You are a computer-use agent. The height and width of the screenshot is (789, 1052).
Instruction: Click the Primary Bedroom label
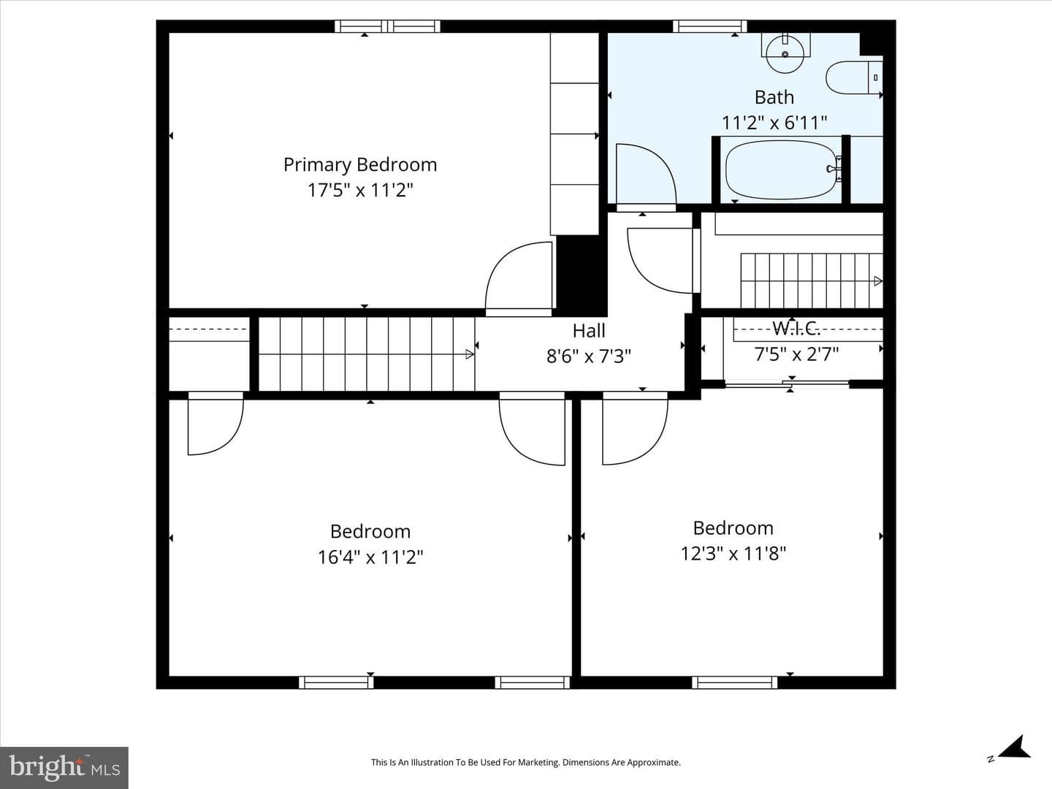360,165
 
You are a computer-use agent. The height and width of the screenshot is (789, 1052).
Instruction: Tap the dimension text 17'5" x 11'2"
360,190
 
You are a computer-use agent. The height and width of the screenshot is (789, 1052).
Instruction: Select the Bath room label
774,97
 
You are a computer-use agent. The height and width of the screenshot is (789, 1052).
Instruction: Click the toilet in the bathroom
854,77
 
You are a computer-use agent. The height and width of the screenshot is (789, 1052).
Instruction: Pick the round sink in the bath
785,54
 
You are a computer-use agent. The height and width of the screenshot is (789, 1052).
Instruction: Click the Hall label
589,330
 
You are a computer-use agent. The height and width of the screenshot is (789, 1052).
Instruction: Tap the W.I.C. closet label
796,328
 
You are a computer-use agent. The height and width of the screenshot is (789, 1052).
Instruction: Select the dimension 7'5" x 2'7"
796,354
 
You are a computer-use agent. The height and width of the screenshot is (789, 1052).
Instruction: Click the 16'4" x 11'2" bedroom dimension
370,557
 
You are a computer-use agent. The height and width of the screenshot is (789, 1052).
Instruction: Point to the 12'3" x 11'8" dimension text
733,554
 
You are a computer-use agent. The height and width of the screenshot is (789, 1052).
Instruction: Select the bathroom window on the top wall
710,26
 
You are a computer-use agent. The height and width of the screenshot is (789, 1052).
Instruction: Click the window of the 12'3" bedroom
735,682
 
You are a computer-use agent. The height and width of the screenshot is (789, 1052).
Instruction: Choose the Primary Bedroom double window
387,26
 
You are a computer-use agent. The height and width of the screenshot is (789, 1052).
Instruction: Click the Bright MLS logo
64,768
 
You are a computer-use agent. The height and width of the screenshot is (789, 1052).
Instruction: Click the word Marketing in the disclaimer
536,762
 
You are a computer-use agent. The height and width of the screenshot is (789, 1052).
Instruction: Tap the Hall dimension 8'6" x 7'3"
589,357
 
